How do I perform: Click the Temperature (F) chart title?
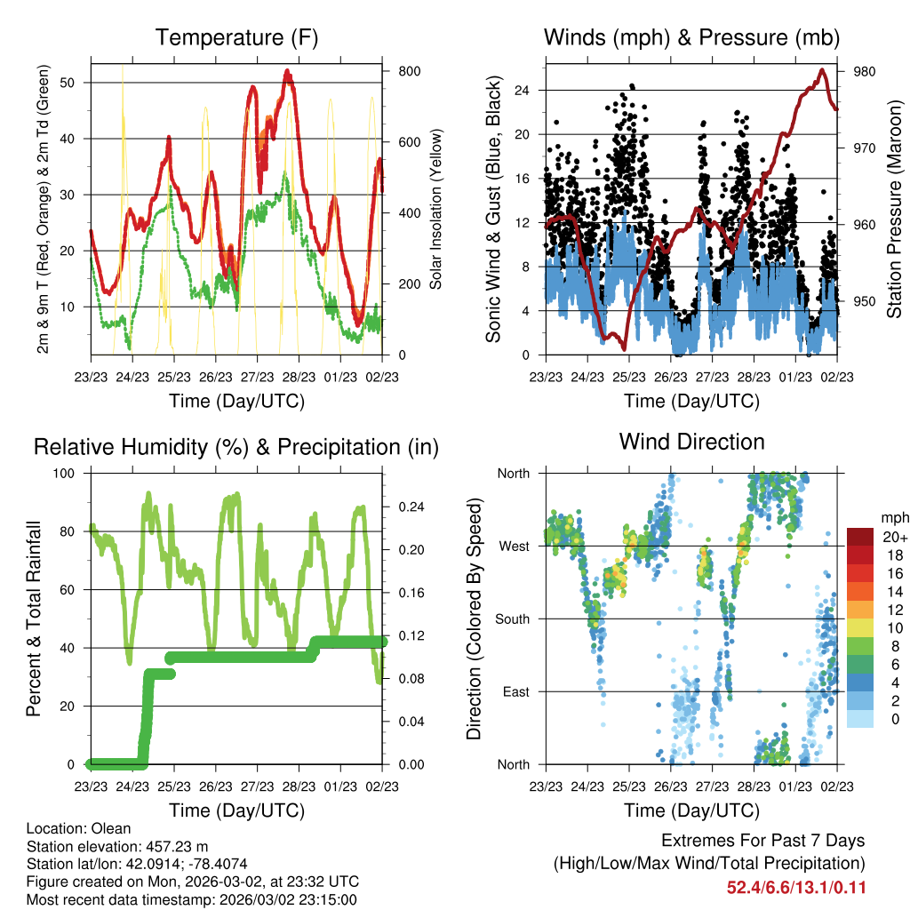pyautogui.click(x=236, y=37)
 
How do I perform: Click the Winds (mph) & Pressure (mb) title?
pyautogui.click(x=691, y=37)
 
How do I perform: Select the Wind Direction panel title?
pyautogui.click(x=691, y=442)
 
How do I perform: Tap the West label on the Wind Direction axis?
pyautogui.click(x=514, y=546)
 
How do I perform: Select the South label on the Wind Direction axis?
pyautogui.click(x=512, y=619)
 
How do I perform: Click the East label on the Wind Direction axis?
pyautogui.click(x=515, y=691)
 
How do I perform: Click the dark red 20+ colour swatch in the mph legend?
pyautogui.click(x=860, y=537)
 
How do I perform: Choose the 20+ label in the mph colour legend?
pyautogui.click(x=892, y=537)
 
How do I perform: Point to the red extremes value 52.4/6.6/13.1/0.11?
pyautogui.click(x=796, y=887)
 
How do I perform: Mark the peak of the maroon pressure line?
pyautogui.click(x=823, y=70)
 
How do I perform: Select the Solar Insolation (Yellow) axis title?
pyautogui.click(x=436, y=209)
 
